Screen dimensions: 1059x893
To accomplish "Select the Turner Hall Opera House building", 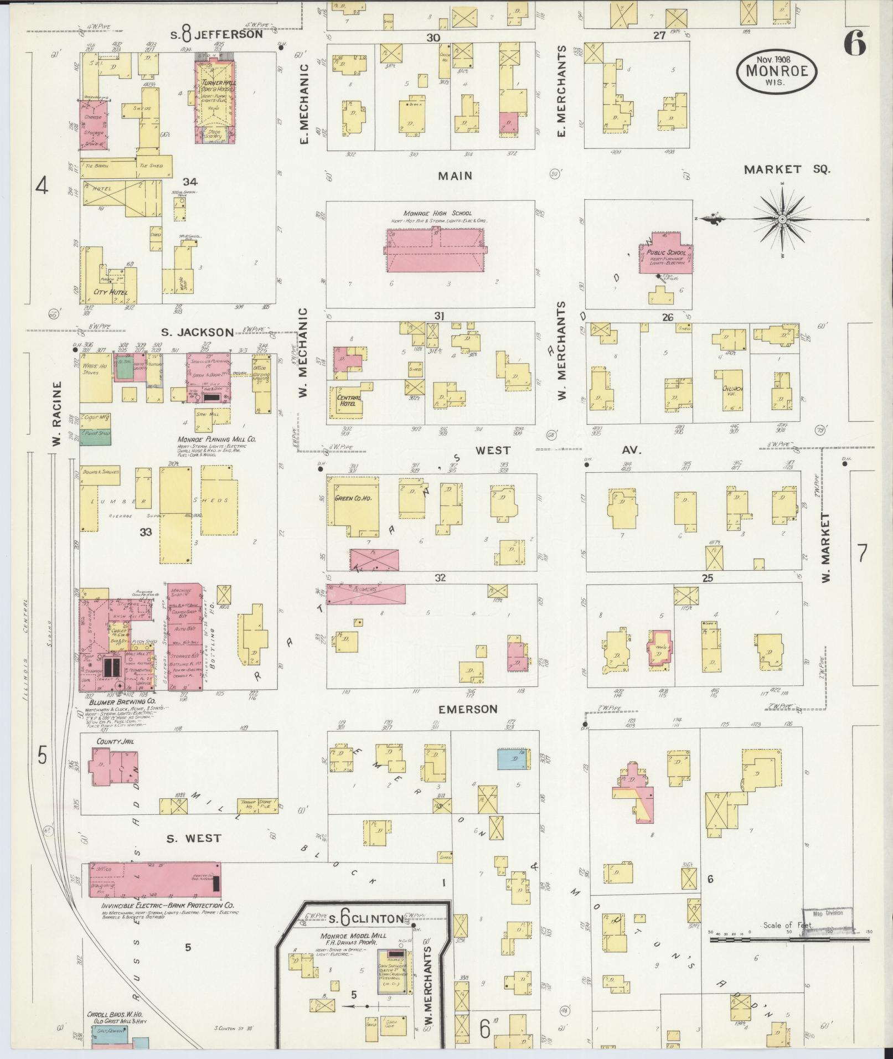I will click(x=215, y=102).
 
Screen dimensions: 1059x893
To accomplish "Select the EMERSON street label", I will click(x=468, y=709).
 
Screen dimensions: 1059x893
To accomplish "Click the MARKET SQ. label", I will click(x=787, y=170).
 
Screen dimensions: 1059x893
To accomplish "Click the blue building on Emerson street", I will click(x=512, y=759).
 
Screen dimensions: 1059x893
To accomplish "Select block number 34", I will click(x=190, y=182).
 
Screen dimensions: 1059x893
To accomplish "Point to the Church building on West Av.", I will click(x=731, y=390).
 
